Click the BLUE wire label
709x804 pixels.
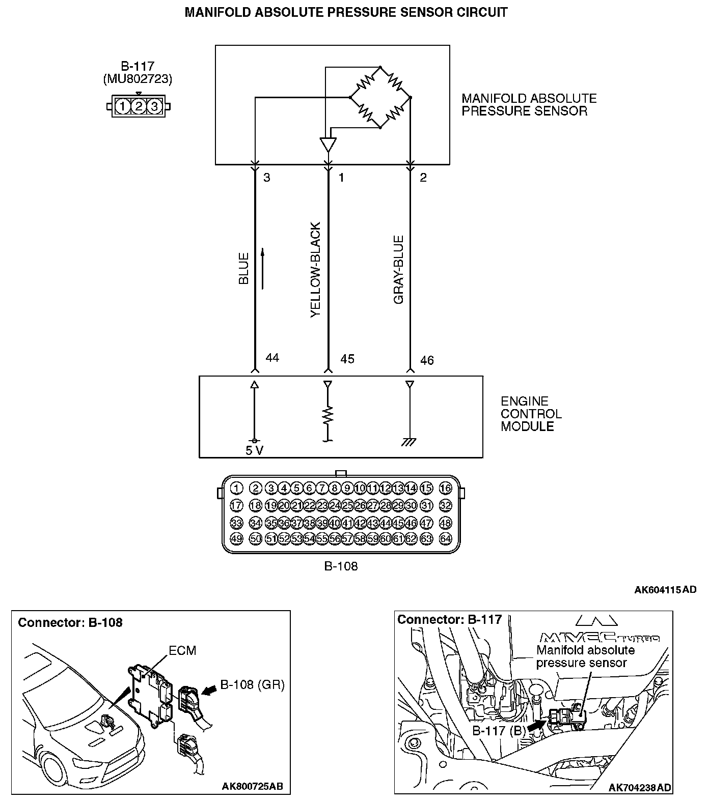pyautogui.click(x=244, y=268)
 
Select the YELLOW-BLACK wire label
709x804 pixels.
pyautogui.click(x=316, y=270)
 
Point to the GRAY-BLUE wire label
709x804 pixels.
pyautogui.click(x=399, y=270)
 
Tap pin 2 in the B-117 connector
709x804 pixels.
pyautogui.click(x=139, y=106)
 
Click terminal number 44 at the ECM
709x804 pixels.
pyautogui.click(x=272, y=358)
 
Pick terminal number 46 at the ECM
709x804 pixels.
pyautogui.click(x=427, y=360)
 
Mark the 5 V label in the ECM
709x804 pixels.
pyautogui.click(x=254, y=450)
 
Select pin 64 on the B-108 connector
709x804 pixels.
pyautogui.click(x=445, y=538)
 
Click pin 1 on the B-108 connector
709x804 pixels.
pyautogui.click(x=236, y=489)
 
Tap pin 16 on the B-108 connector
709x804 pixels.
pyautogui.click(x=445, y=489)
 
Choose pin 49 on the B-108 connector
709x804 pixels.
pyautogui.click(x=236, y=538)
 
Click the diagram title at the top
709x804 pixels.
pyautogui.click(x=346, y=12)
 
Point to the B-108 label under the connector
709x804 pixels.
pyautogui.click(x=341, y=566)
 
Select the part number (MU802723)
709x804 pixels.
pyautogui.click(x=138, y=79)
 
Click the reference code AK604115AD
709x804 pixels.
pyautogui.click(x=665, y=590)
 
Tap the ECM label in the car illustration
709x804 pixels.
pyautogui.click(x=182, y=650)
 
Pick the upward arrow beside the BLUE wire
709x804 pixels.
pyautogui.click(x=263, y=268)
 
